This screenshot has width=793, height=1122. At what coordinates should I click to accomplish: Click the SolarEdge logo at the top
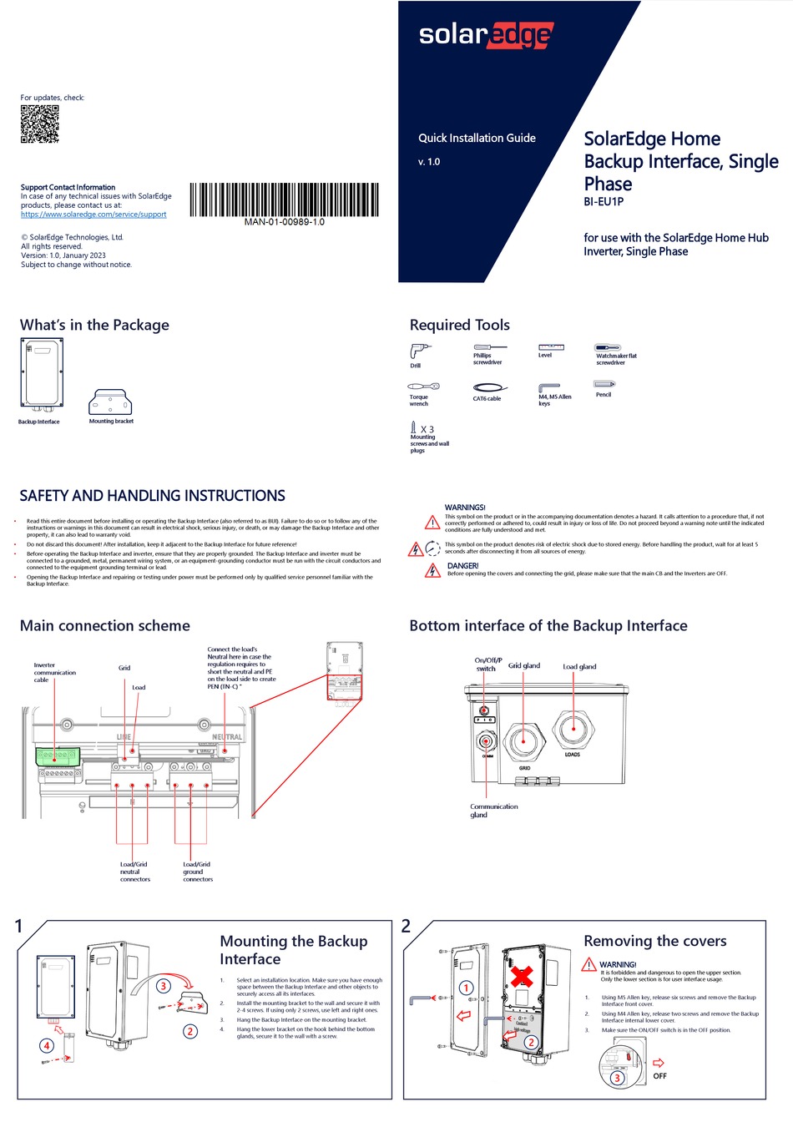(485, 35)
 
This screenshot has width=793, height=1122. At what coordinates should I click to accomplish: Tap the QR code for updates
(39, 124)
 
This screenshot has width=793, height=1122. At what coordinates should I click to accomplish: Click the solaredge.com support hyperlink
(93, 215)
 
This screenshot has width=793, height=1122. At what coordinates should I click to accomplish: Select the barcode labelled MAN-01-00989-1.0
(284, 200)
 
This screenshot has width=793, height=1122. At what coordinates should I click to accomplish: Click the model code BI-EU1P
(603, 202)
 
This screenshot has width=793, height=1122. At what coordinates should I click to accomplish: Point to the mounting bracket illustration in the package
(111, 402)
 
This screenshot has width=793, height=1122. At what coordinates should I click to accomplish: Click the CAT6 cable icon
(489, 387)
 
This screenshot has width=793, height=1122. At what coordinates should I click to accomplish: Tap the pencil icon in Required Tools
(604, 384)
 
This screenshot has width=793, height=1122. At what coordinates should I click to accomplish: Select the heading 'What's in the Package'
(94, 325)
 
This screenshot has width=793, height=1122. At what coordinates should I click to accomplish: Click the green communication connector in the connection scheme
(56, 756)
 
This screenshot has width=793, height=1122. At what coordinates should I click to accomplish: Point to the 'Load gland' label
(579, 667)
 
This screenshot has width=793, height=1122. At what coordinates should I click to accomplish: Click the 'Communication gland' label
(493, 811)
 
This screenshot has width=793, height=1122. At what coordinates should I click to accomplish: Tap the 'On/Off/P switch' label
(487, 665)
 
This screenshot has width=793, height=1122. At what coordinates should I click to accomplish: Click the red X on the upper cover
(523, 975)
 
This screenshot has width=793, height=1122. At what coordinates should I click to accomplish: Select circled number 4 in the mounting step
(47, 1045)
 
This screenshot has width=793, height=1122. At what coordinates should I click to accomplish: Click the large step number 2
(406, 926)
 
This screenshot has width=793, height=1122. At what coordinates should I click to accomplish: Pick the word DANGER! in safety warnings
(462, 565)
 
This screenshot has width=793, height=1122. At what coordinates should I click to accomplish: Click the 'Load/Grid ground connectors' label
(197, 872)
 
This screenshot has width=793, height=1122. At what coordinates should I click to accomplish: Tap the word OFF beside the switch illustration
(659, 1076)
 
